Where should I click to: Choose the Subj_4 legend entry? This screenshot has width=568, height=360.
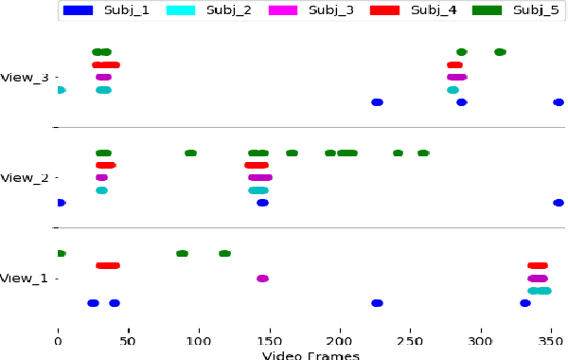405,11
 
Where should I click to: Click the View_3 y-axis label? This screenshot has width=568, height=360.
25,77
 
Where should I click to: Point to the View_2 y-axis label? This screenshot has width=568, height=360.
25,177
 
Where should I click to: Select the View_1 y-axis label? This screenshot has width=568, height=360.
25,279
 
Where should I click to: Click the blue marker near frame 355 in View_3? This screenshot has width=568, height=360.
559,102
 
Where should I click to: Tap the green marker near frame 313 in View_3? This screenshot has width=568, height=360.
500,52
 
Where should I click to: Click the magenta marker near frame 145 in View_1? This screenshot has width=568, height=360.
262,279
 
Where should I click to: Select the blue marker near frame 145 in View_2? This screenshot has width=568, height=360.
262,203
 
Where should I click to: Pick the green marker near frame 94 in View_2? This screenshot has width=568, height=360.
190,153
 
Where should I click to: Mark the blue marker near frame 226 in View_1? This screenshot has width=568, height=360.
377,303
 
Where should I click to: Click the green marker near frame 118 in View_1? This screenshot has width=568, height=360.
224,254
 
